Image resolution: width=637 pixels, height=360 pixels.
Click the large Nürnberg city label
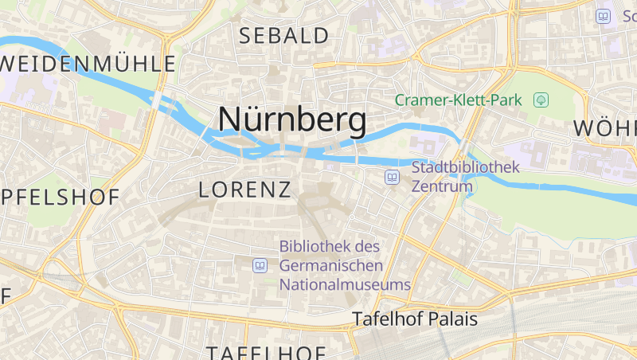coord(292,119)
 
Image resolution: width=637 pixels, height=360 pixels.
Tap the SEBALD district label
coord(283,36)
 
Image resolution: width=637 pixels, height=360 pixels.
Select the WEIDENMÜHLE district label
coord(88,64)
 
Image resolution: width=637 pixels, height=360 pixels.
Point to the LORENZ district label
coord(244,190)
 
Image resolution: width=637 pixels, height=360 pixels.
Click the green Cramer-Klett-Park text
coord(458,100)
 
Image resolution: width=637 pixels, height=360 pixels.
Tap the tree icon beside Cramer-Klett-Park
coord(541,100)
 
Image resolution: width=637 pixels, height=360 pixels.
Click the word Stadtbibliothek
coord(465,168)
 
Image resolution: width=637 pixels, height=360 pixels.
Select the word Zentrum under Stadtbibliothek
coord(442,186)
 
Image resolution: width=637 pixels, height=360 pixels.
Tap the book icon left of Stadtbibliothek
coord(392,177)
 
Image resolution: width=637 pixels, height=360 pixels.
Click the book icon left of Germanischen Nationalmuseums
coord(260,265)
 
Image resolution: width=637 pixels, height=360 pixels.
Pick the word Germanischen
coord(331,265)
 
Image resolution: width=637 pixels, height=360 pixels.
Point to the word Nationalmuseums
coord(344,284)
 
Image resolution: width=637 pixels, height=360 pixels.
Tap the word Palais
coord(451,319)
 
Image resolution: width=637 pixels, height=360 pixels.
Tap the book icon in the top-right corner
coord(604,16)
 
